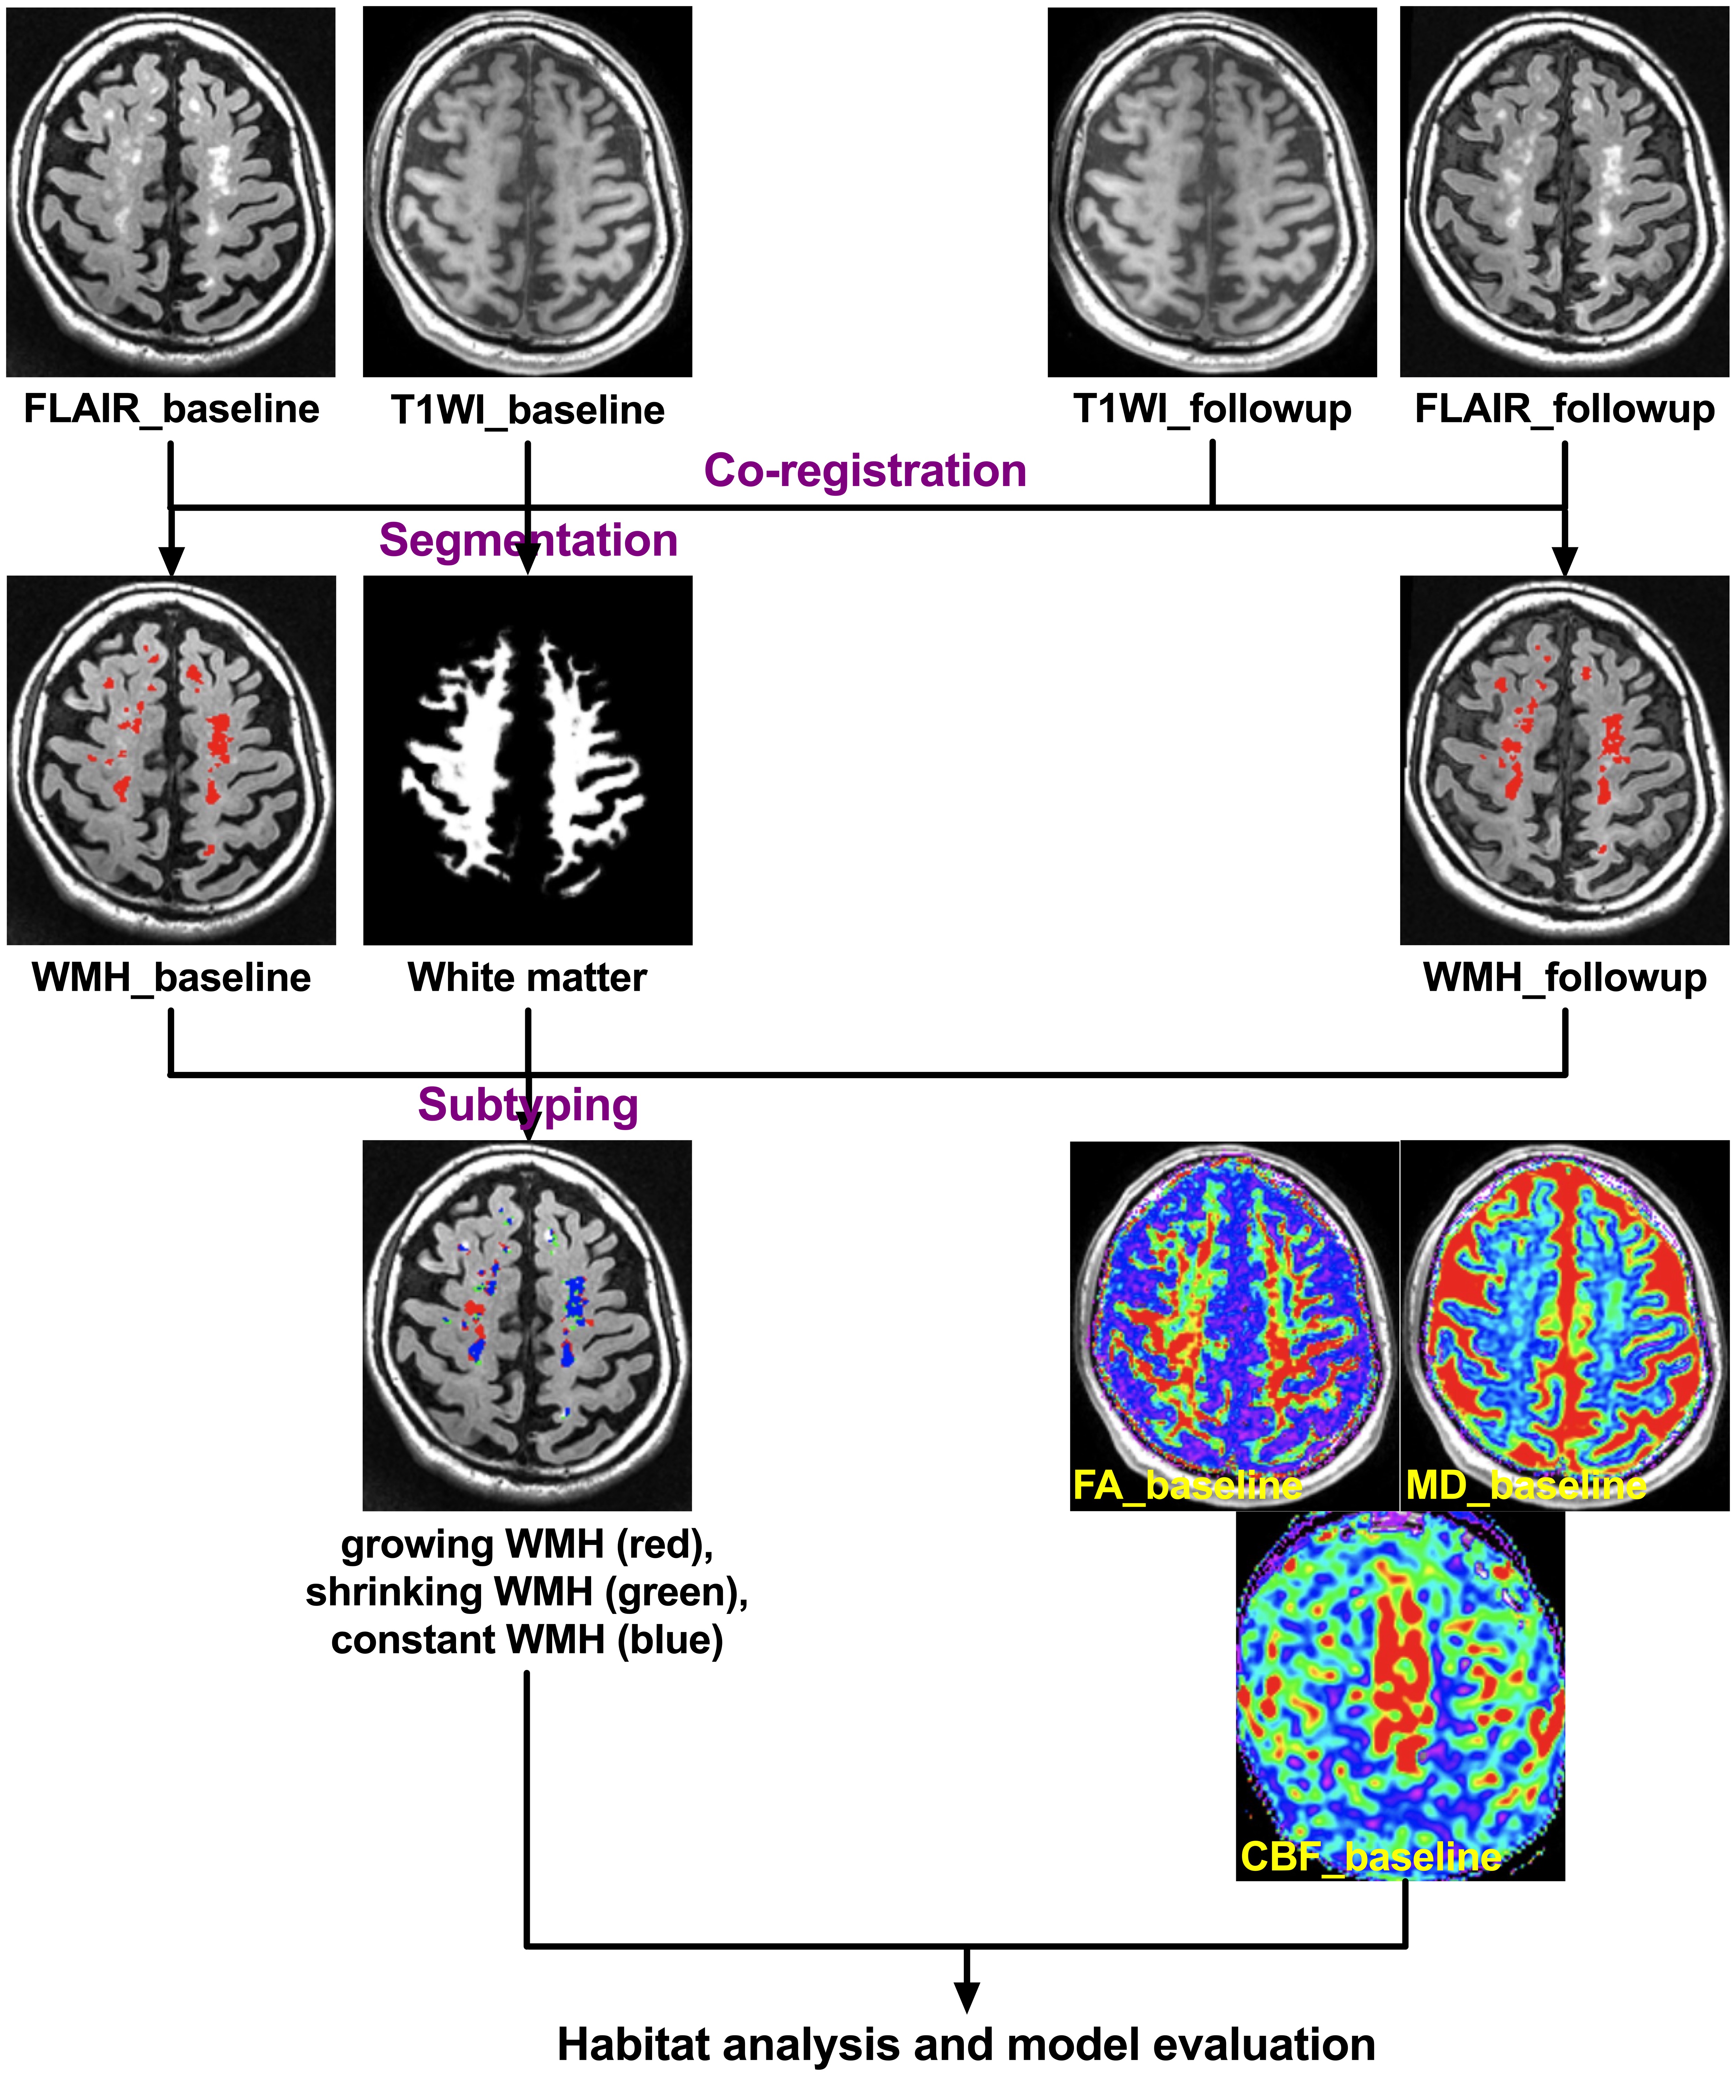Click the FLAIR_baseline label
171,409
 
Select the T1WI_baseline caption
528,410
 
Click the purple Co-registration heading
865,471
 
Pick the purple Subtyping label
528,1105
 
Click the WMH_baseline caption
171,978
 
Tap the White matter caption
528,978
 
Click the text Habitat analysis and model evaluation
966,2044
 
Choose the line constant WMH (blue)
528,1640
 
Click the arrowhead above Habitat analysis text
966,1997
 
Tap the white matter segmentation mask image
528,760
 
